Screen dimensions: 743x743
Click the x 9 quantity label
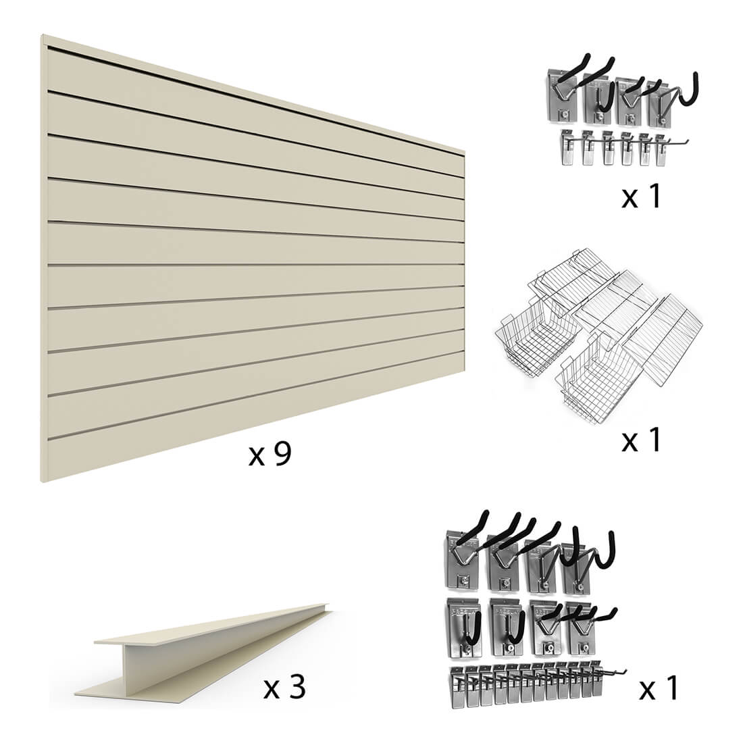pyautogui.click(x=270, y=454)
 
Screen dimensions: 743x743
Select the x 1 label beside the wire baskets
pyautogui.click(x=641, y=439)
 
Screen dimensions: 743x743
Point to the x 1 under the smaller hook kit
pyautogui.click(x=641, y=196)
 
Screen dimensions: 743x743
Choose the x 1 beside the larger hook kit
pyautogui.click(x=659, y=688)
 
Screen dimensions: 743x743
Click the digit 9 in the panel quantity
pyautogui.click(x=282, y=454)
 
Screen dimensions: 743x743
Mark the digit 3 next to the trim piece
pyautogui.click(x=297, y=687)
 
